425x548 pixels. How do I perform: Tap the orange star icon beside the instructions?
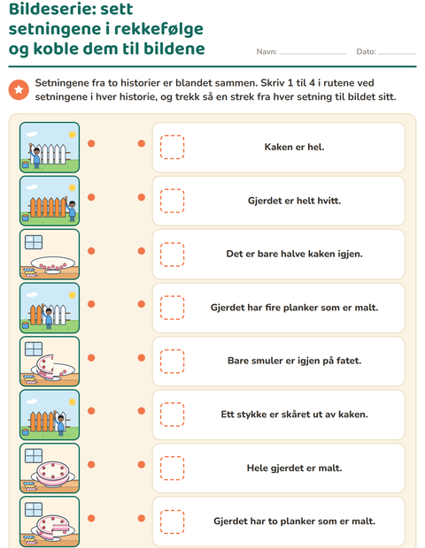tap(19, 90)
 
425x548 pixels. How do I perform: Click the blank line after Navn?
tap(313, 54)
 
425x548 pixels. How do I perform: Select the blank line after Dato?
tap(397, 54)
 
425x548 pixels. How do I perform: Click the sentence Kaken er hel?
tap(294, 147)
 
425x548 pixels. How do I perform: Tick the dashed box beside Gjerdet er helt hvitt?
tap(173, 201)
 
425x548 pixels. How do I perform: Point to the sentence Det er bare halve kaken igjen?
tap(294, 254)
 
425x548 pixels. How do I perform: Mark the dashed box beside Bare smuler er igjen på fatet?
tap(173, 361)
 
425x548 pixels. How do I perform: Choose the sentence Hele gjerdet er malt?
tap(294, 468)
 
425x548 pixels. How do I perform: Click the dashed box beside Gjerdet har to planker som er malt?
tap(173, 521)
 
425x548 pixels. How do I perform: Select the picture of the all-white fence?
tap(50, 147)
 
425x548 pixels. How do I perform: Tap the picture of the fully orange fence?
tap(50, 201)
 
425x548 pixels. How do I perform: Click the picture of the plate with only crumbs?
tap(50, 254)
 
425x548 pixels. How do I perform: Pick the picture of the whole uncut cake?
tap(50, 468)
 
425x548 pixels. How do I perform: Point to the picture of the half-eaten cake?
tap(50, 361)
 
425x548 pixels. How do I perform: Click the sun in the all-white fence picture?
tap(72, 134)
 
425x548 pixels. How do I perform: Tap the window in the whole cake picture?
tap(34, 456)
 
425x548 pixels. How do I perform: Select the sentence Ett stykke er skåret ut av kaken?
tap(294, 415)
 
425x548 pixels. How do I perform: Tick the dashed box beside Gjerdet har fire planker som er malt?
tap(173, 308)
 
